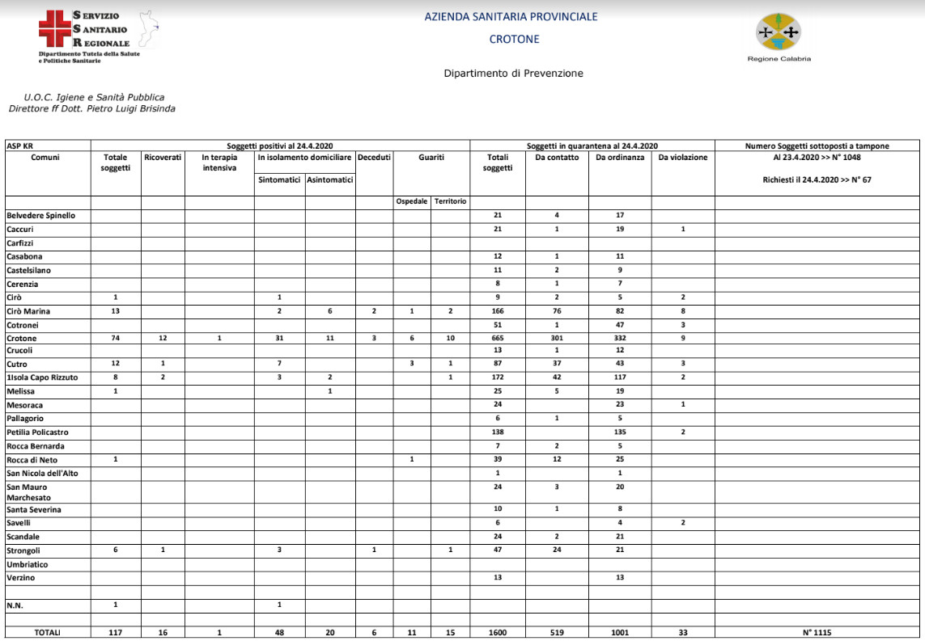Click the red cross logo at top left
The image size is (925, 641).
(54, 30)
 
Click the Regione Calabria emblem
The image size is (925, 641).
(778, 32)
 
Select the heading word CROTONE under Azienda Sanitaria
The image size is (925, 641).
(514, 39)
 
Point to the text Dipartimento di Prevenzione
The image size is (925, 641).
(513, 74)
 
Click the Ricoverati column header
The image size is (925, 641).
(163, 158)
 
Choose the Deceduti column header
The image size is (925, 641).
(374, 158)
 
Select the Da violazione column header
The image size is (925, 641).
(682, 158)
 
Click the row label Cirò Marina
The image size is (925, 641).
(30, 311)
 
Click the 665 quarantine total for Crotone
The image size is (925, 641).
(497, 338)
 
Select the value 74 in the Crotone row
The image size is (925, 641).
(115, 338)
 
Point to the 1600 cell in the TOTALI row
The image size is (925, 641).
(497, 633)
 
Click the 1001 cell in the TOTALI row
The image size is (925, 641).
(620, 633)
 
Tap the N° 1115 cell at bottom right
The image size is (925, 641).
(817, 633)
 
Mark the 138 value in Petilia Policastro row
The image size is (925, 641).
(497, 432)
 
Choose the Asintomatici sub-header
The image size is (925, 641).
(330, 179)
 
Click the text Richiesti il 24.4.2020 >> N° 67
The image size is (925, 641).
(817, 179)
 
